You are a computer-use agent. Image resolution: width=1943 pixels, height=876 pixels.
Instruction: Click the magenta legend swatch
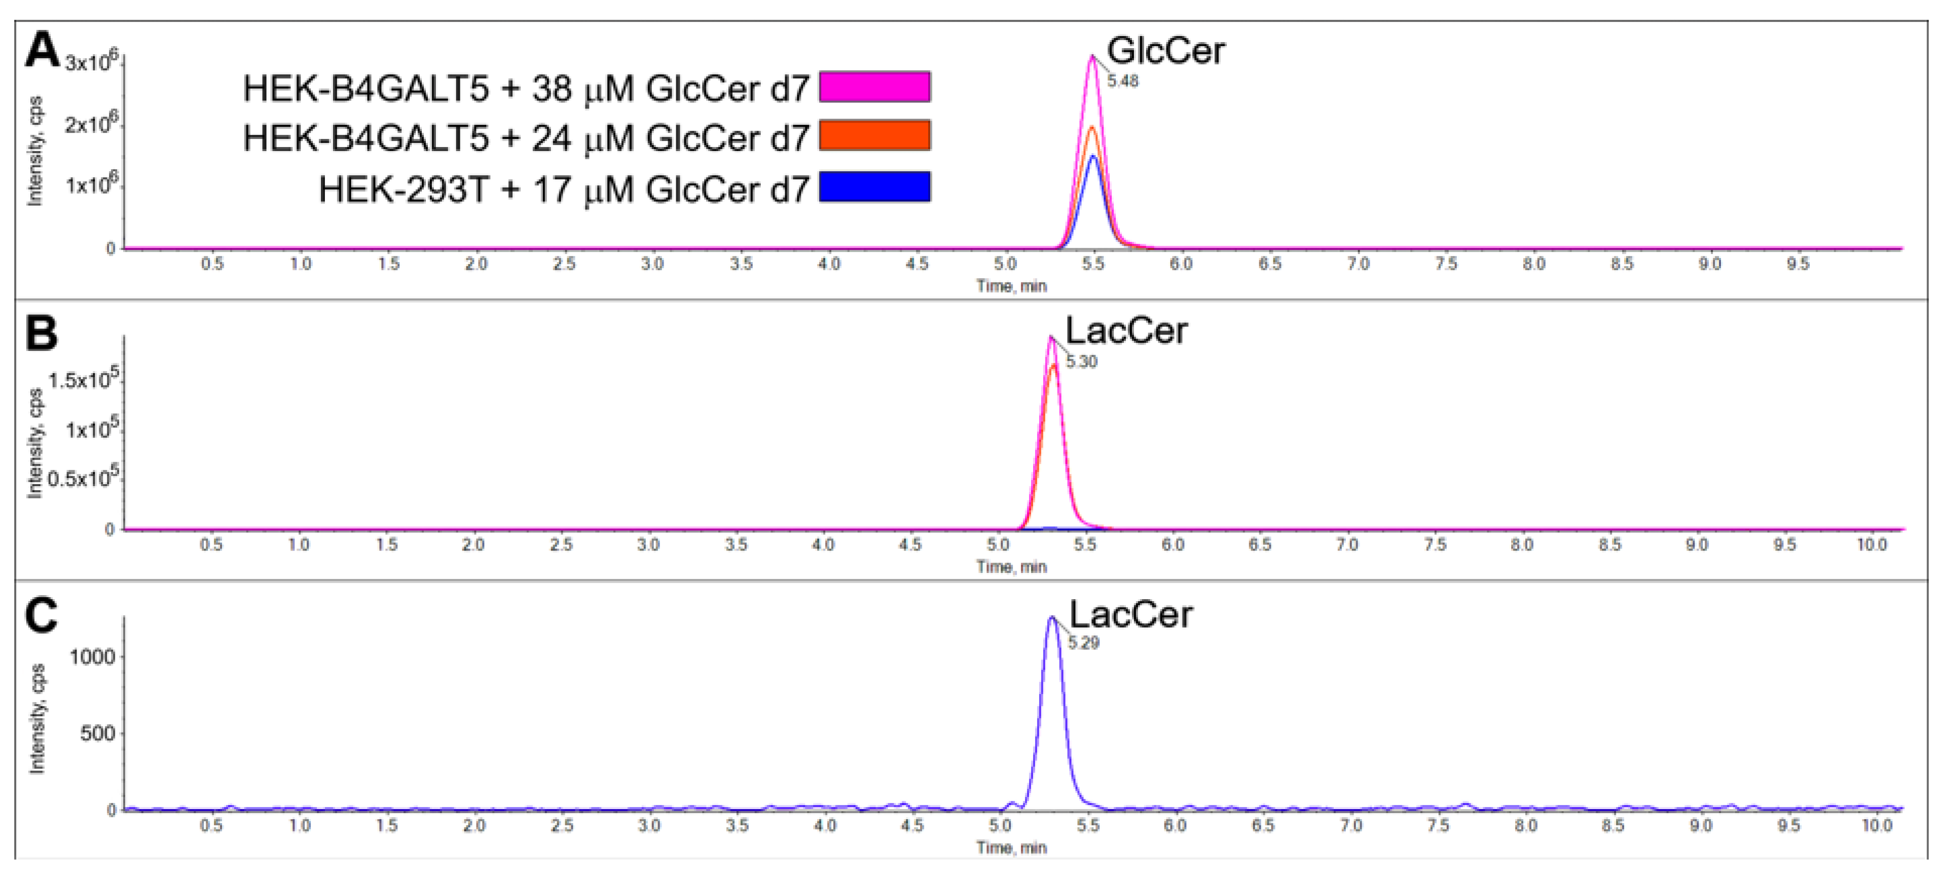click(x=874, y=87)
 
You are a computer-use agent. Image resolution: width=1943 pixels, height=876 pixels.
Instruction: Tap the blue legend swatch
click(x=874, y=187)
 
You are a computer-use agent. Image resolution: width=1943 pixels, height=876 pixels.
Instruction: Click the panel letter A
click(x=42, y=51)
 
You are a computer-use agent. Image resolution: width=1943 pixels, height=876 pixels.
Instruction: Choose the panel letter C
click(x=42, y=615)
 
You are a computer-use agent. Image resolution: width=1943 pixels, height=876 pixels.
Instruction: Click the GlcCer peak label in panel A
click(x=1165, y=51)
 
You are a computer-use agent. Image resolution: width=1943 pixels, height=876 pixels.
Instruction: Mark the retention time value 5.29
click(x=1083, y=643)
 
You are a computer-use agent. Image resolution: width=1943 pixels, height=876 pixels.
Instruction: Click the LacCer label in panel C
click(x=1130, y=615)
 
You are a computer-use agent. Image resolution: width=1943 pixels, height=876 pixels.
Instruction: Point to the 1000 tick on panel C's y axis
click(x=92, y=656)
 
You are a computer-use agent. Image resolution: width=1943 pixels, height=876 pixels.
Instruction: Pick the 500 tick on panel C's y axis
click(x=98, y=734)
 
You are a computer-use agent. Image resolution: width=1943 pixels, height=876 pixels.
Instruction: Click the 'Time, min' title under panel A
click(x=1011, y=286)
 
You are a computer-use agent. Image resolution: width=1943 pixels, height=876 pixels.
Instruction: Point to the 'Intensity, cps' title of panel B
click(x=34, y=444)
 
